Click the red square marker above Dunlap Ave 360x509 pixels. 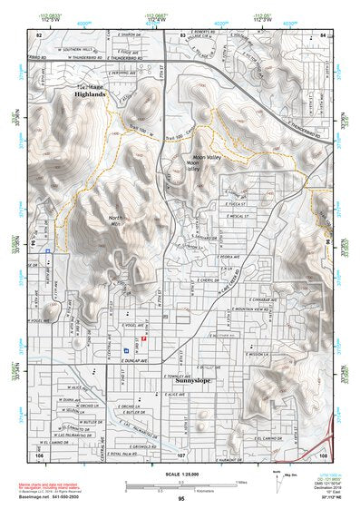(142, 338)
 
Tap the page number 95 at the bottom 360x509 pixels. (181, 498)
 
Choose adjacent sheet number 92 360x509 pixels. (38, 34)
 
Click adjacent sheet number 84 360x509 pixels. (323, 34)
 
